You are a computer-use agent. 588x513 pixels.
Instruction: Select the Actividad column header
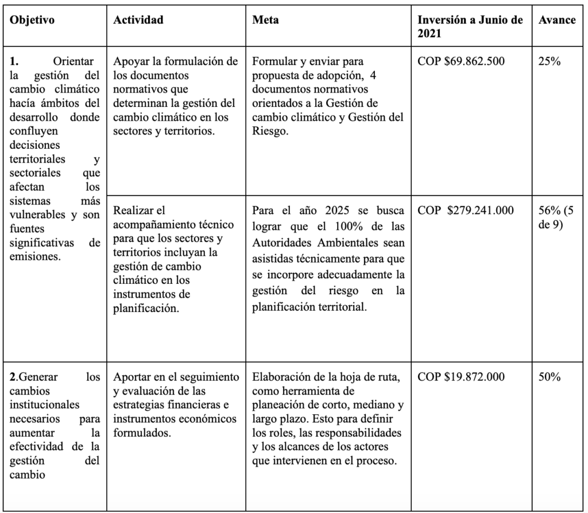tap(138, 20)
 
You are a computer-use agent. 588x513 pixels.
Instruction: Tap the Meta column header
tap(265, 20)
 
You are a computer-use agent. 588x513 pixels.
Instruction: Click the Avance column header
tap(557, 20)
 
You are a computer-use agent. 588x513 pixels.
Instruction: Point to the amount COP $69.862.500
tap(461, 61)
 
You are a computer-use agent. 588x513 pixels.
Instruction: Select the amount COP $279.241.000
tap(466, 210)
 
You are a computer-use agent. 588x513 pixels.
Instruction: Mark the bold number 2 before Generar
tap(13, 377)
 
